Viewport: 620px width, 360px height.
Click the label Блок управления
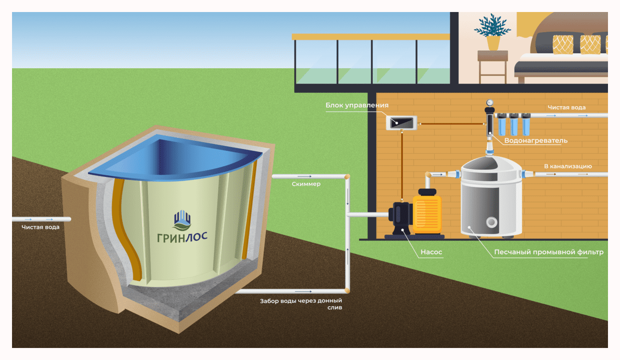(356, 105)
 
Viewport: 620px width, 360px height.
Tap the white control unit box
(401, 122)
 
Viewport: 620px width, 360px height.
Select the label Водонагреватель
(536, 141)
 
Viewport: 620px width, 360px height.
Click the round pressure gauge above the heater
(490, 102)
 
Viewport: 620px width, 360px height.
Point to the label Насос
(431, 251)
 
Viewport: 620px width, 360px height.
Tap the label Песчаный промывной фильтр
(548, 252)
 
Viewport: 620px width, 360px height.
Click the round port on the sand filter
(491, 222)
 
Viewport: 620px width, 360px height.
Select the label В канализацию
(568, 166)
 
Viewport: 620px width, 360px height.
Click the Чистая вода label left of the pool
(40, 227)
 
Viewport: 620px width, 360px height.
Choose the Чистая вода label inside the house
(567, 108)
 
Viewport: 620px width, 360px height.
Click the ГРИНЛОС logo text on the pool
(182, 237)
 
